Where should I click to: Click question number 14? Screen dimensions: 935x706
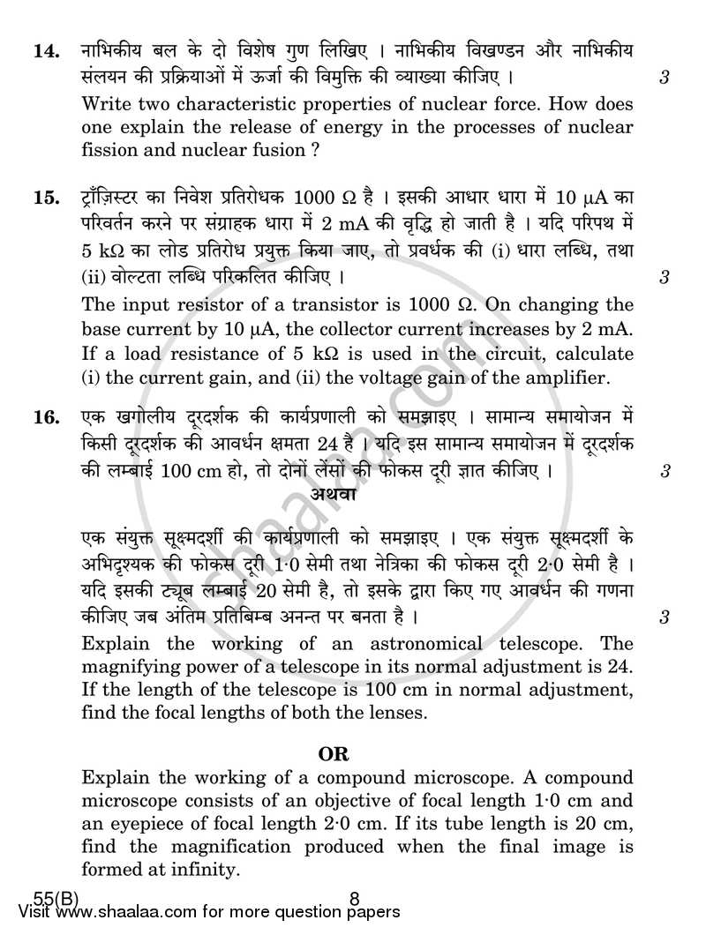(45, 52)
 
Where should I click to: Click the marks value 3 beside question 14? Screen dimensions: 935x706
(663, 78)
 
